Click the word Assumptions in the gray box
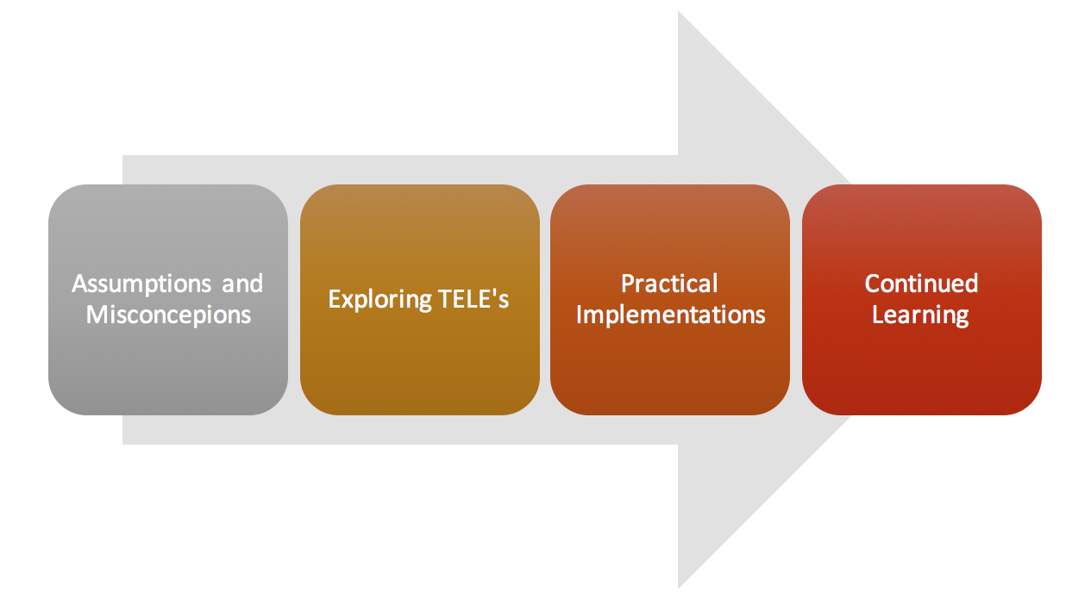point(141,284)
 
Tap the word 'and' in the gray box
point(242,283)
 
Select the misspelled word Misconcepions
point(168,315)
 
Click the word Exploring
point(379,300)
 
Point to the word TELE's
point(473,298)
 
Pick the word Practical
point(669,283)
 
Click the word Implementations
point(670,315)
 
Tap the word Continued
point(921,283)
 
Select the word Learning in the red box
point(920,315)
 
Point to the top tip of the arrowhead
point(678,11)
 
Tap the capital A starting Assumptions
point(81,284)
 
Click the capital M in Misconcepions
point(97,315)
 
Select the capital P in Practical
point(629,284)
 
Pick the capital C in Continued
point(874,284)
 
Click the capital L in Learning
point(879,315)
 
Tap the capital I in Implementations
point(579,315)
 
